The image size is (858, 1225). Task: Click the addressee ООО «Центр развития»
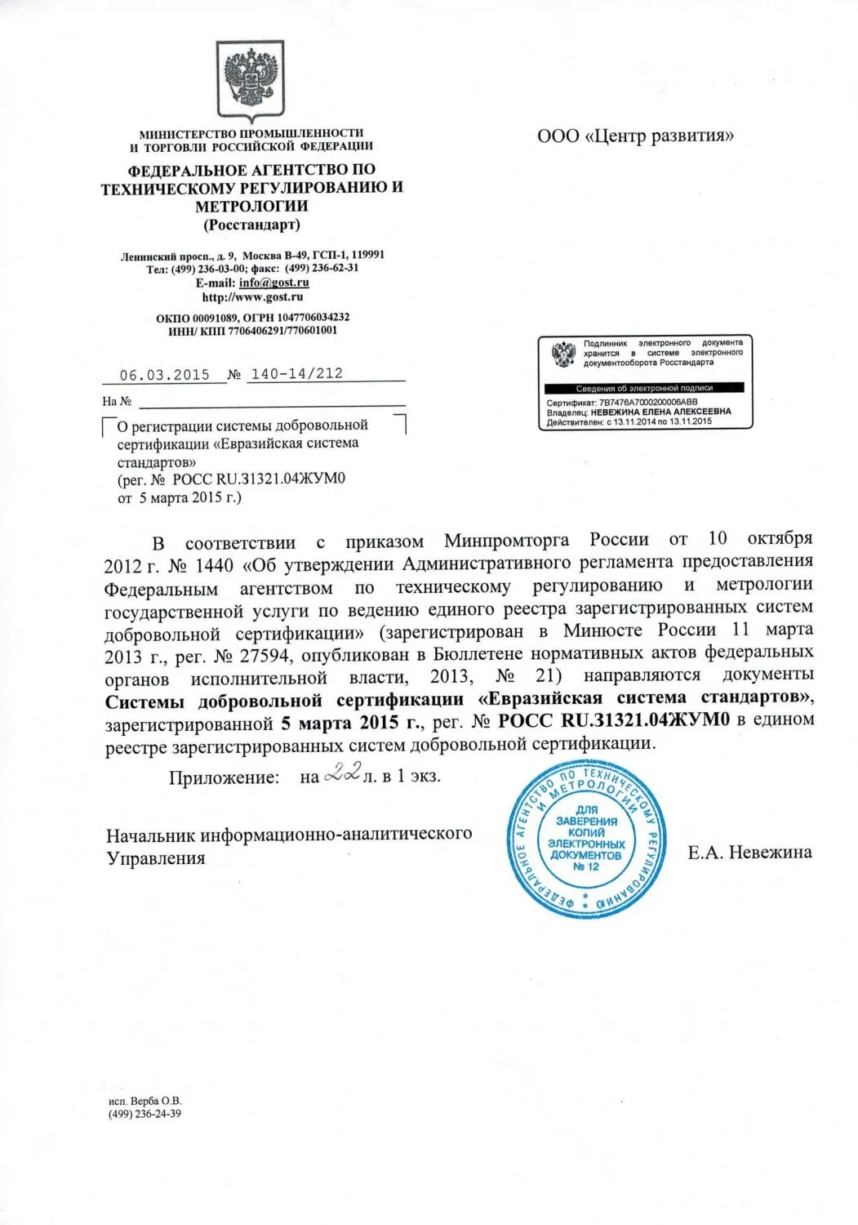[x=635, y=136]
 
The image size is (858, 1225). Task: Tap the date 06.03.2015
[x=164, y=375]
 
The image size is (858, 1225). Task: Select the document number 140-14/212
[x=296, y=374]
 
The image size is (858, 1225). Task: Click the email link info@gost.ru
[x=273, y=283]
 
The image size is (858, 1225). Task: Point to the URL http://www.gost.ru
[x=252, y=297]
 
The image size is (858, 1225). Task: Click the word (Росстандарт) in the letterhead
[x=251, y=225]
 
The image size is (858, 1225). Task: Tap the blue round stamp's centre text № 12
[x=586, y=867]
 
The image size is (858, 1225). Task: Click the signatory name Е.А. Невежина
[x=749, y=853]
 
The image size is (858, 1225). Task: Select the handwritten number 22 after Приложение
[x=342, y=773]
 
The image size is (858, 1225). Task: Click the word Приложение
[x=224, y=777]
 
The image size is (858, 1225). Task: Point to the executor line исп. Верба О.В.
[x=144, y=1100]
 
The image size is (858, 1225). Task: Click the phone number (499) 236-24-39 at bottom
[x=144, y=1114]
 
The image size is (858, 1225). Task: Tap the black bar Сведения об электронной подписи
[x=644, y=388]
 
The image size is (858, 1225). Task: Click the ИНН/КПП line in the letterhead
[x=252, y=331]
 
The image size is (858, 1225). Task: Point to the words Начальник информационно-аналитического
[x=289, y=834]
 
